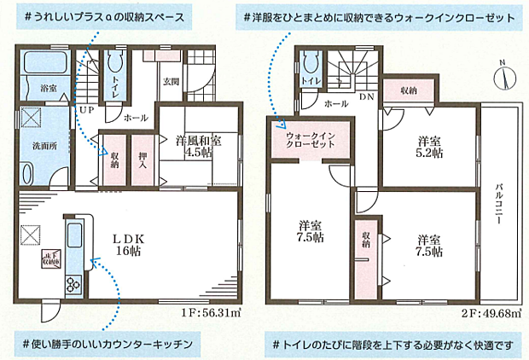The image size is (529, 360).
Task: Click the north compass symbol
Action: [505, 76]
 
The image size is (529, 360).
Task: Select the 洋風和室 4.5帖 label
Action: [200, 147]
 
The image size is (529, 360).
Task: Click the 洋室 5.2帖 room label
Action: [429, 147]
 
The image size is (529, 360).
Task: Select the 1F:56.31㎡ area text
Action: [211, 312]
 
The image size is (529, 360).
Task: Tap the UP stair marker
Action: [86, 111]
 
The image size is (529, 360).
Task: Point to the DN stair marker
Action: [365, 99]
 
